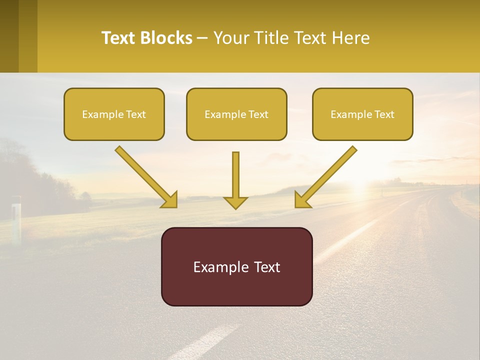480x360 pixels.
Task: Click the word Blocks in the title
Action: (166, 38)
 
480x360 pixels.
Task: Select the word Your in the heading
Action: (230, 38)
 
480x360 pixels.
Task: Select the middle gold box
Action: (236, 127)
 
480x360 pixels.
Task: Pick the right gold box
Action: (362, 127)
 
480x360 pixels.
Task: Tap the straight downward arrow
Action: (235, 175)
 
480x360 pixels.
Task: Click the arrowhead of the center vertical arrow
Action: (235, 202)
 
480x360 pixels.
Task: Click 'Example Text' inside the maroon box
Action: (236, 267)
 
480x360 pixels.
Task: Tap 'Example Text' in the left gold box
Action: (114, 114)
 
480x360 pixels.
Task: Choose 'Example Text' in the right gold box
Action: (362, 114)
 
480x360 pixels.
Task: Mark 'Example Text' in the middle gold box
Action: (236, 114)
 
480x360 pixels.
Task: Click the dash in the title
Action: (202, 38)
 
